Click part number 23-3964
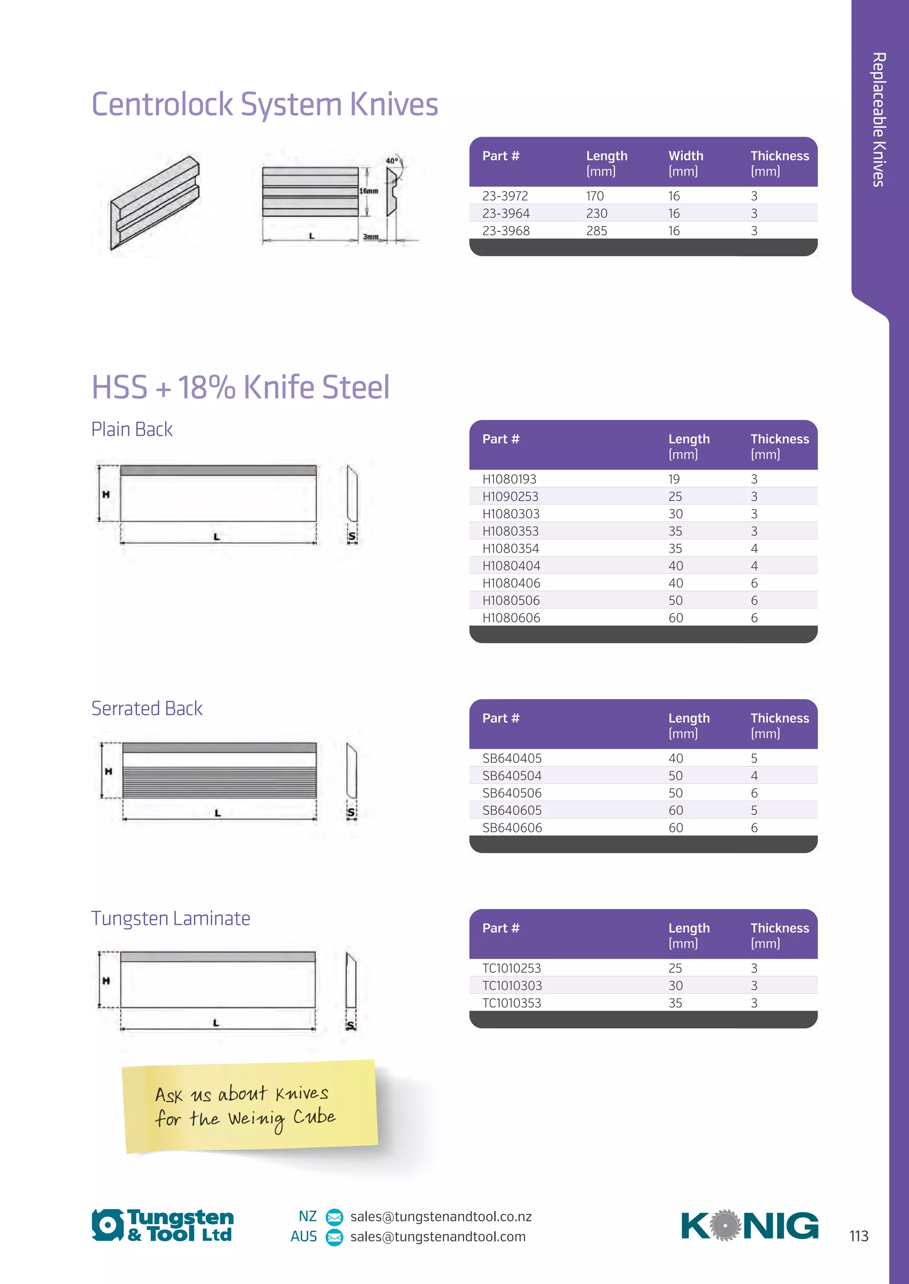tap(506, 213)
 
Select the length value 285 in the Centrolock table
tap(596, 231)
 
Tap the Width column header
tap(685, 156)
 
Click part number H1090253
tap(510, 497)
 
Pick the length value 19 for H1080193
tap(674, 479)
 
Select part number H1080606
tap(511, 618)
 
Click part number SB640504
tap(512, 776)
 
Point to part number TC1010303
tap(512, 986)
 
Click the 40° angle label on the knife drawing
tap(392, 161)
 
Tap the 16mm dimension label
tap(368, 191)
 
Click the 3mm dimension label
tap(370, 237)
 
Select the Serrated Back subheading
tap(146, 709)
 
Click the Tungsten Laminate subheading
tap(171, 918)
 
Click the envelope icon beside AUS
tap(334, 1237)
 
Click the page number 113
tap(859, 1236)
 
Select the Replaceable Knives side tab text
tap(879, 119)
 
